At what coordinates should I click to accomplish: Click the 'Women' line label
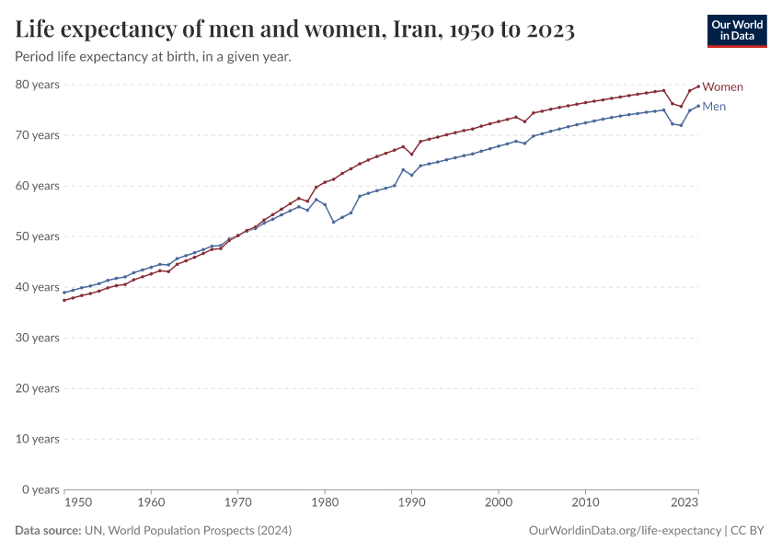click(722, 87)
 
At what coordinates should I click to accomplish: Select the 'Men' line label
click(715, 107)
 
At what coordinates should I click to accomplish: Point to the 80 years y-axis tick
click(40, 85)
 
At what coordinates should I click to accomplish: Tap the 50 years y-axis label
click(40, 236)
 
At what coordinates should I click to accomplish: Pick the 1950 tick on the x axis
click(78, 503)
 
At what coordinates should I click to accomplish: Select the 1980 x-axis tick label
click(324, 503)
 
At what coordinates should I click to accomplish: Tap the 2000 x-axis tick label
click(498, 503)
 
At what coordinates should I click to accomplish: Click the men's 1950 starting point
click(64, 293)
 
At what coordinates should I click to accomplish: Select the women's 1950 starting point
click(64, 300)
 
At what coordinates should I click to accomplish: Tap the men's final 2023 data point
click(698, 105)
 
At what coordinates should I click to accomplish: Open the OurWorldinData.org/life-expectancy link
click(626, 531)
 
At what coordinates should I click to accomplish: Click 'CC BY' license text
click(749, 531)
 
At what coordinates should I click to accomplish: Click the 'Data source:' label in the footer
click(48, 531)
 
